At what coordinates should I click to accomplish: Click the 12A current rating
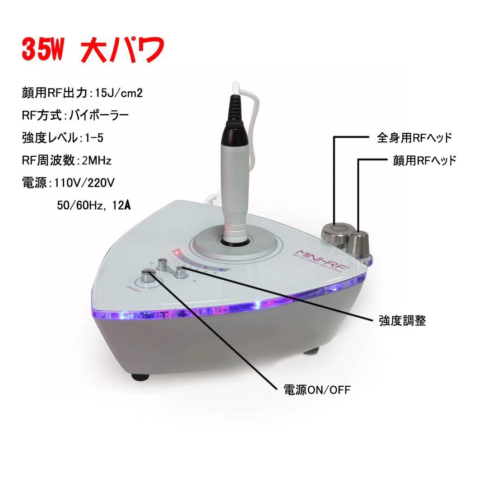pos(120,205)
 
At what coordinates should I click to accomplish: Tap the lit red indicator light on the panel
pos(178,252)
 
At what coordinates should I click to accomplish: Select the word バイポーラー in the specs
pos(98,115)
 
